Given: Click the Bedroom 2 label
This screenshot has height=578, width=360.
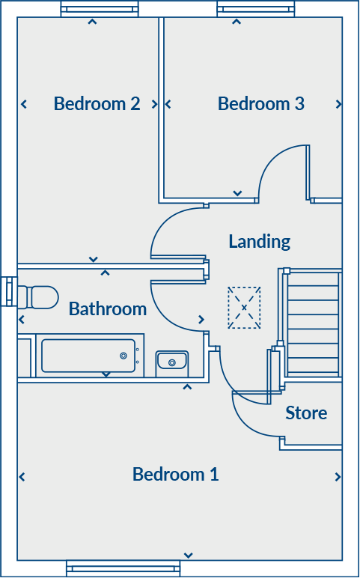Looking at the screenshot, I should pos(97,103).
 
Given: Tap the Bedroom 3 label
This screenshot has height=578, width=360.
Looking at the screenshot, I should pos(260,103).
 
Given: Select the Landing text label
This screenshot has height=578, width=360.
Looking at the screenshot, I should pos(259,241).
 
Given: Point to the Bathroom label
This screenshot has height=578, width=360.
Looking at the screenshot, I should pos(107,308).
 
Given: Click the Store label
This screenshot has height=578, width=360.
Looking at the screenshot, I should pos(306,413).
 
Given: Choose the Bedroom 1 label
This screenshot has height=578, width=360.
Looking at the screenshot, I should pos(175,474).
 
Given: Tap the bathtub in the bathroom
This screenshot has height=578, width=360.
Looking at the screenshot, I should pos(88,356).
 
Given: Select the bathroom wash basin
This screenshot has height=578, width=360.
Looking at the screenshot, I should pos(171,363).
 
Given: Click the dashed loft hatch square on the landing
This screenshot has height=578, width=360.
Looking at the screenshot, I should pos(244,308).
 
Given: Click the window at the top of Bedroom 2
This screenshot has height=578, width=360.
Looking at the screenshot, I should pos(100,10).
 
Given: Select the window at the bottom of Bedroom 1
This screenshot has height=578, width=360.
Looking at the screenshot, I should pos(123,568).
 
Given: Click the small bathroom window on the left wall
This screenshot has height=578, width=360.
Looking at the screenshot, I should pos(8,291).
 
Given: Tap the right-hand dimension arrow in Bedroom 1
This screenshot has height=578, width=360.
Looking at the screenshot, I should pos(338,477).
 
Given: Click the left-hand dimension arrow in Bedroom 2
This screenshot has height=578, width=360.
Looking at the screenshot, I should pos(24,104).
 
